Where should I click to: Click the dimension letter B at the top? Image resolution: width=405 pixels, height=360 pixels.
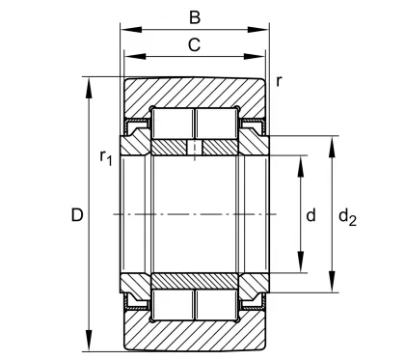[194, 16]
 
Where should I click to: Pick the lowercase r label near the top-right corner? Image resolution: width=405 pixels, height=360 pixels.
[279, 80]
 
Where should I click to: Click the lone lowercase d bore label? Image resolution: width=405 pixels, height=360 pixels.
[310, 215]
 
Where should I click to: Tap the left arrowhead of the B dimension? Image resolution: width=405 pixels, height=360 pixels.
[122, 30]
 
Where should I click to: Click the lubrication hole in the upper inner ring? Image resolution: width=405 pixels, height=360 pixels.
[195, 148]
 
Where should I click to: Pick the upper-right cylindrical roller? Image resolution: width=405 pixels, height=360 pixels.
[218, 125]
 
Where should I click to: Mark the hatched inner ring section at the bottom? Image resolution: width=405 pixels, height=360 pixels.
[194, 280]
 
